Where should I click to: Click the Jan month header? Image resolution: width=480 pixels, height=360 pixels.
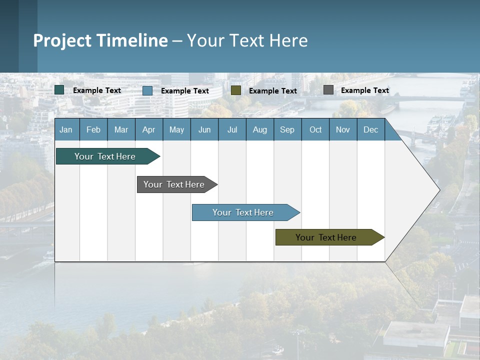66,129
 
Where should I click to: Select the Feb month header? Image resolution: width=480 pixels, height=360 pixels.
93,129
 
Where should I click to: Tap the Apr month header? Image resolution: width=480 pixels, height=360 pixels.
148,129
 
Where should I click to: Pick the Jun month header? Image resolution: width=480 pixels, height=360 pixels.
204,129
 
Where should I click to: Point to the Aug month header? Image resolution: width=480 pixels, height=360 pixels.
259,129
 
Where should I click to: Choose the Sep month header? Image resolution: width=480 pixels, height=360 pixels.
287,129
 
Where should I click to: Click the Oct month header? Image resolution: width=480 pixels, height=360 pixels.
315,129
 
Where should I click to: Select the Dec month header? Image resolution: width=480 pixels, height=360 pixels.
370,129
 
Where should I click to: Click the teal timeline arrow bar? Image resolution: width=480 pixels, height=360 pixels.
105,156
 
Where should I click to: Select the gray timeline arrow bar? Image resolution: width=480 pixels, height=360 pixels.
174,184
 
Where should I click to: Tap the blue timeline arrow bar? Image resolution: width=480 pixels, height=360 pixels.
243,212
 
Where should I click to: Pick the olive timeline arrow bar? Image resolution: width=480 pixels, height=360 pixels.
326,237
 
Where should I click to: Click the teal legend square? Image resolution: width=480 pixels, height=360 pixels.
59,90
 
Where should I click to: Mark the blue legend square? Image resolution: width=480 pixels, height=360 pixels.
147,90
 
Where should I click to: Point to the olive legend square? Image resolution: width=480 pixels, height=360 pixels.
236,90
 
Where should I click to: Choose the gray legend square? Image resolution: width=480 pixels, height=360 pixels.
328,90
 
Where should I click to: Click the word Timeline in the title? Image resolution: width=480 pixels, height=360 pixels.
132,40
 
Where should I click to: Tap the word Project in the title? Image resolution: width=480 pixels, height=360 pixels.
62,40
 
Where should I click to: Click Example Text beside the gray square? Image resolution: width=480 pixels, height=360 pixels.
364,90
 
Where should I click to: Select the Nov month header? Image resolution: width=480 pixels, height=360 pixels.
343,129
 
